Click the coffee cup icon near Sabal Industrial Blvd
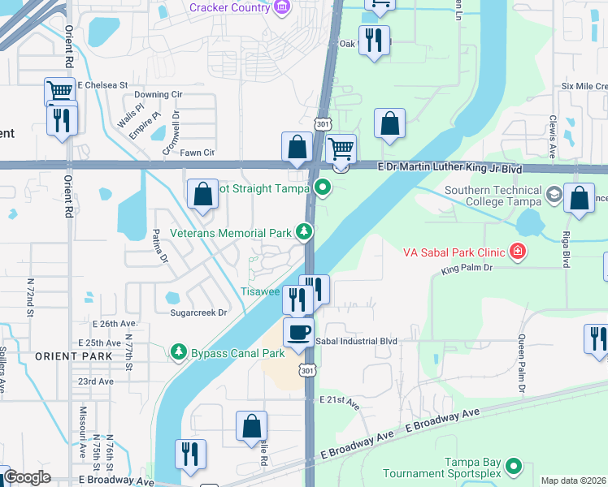pyautogui.click(x=298, y=333)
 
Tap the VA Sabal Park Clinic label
pyautogui.click(x=454, y=252)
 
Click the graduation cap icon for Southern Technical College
pyautogui.click(x=554, y=193)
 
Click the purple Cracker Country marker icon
pyautogui.click(x=282, y=7)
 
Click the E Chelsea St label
pyautogui.click(x=103, y=84)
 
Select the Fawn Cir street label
pyautogui.click(x=198, y=152)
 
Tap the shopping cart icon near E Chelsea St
pyautogui.click(x=59, y=92)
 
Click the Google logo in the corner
pyautogui.click(x=27, y=477)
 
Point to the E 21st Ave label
pyautogui.click(x=339, y=400)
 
